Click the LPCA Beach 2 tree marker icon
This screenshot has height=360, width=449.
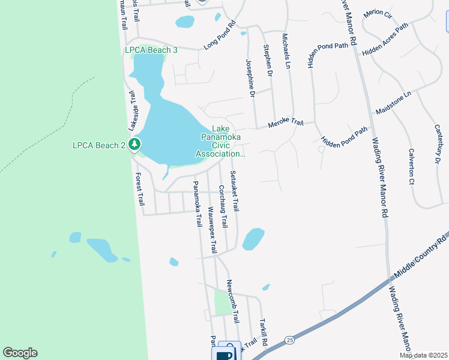pos(135,144)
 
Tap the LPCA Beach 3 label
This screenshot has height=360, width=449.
pos(151,50)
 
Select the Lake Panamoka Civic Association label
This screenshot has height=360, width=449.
pos(221,142)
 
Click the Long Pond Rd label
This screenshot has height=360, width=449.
pos(220,36)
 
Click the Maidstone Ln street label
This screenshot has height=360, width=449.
pos(393,103)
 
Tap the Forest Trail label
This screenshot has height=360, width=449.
pos(140,190)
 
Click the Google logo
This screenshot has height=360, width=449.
pos(20,353)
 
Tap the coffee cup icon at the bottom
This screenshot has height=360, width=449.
pos(224,354)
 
